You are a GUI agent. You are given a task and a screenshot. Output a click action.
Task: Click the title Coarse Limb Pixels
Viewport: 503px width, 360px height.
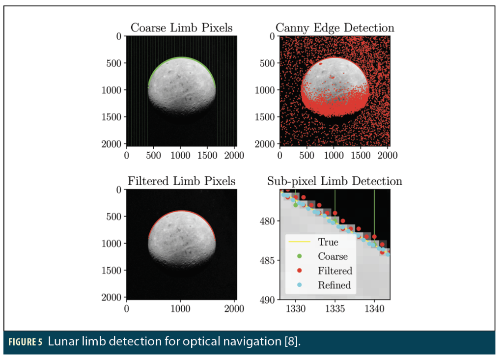pyautogui.click(x=182, y=28)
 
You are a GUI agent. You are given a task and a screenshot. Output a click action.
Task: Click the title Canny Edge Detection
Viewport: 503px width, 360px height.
pyautogui.click(x=335, y=28)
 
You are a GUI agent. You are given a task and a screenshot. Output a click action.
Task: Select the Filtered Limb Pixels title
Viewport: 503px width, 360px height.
pyautogui.click(x=182, y=181)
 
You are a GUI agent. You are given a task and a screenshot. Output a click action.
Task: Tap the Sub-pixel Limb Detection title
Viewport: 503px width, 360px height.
pyautogui.click(x=335, y=181)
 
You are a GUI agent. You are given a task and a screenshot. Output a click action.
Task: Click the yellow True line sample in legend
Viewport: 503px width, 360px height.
pyautogui.click(x=299, y=242)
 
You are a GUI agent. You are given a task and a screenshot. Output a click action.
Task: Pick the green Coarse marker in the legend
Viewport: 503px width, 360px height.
pyautogui.click(x=299, y=256)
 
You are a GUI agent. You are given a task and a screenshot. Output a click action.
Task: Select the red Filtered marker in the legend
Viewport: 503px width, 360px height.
pyautogui.click(x=299, y=271)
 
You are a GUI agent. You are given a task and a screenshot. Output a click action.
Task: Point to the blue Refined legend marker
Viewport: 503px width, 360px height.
pyautogui.click(x=299, y=284)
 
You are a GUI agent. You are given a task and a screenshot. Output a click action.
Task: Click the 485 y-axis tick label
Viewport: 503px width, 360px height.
pyautogui.click(x=267, y=260)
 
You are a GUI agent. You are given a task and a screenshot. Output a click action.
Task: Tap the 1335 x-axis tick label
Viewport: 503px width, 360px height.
pyautogui.click(x=335, y=308)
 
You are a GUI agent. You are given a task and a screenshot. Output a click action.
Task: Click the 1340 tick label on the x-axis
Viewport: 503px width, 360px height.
pyautogui.click(x=374, y=308)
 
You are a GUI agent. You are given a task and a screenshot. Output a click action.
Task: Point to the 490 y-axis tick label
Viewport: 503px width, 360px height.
pyautogui.click(x=267, y=300)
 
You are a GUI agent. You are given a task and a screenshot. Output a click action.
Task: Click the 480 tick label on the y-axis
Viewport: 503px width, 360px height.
pyautogui.click(x=267, y=221)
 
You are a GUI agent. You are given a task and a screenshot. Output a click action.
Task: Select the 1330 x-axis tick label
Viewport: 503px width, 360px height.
pyautogui.click(x=295, y=308)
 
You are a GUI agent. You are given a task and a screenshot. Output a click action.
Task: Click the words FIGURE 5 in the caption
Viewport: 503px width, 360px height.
pyautogui.click(x=26, y=342)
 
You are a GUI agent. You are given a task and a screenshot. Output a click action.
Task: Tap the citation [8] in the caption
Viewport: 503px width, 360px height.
pyautogui.click(x=292, y=341)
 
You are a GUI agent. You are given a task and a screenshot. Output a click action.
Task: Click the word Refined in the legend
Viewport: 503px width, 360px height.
pyautogui.click(x=334, y=285)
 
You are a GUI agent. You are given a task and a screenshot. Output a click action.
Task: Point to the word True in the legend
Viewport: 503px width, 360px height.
pyautogui.click(x=328, y=242)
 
